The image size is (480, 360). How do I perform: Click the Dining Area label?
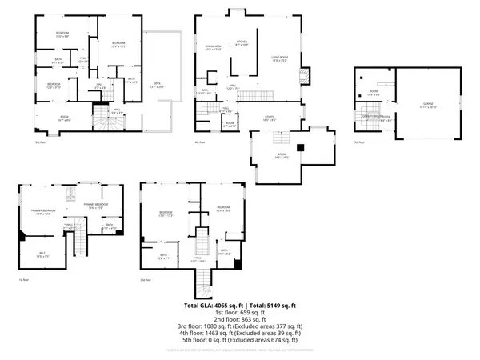click(213, 49)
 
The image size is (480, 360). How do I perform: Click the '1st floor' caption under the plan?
click(24, 280)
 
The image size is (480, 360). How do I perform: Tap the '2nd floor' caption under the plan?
click(145, 280)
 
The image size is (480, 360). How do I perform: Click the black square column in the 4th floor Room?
click(299, 147)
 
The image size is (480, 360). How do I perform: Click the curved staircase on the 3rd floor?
click(102, 121)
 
